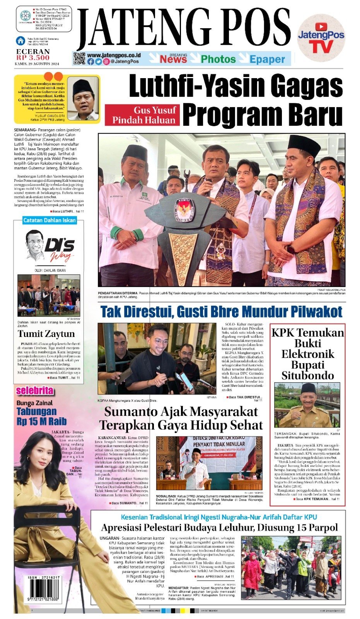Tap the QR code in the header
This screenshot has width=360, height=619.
click(79, 58)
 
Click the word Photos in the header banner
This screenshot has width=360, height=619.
click(218, 59)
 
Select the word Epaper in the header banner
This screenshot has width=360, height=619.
click(267, 59)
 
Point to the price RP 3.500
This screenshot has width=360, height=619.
click(33, 58)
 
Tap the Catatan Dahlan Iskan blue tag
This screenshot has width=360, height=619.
click(49, 220)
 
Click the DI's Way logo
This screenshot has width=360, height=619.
click(50, 246)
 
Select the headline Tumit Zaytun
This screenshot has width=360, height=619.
click(46, 333)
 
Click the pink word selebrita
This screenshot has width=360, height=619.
click(34, 391)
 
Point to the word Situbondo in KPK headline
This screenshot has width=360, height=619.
click(307, 375)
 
